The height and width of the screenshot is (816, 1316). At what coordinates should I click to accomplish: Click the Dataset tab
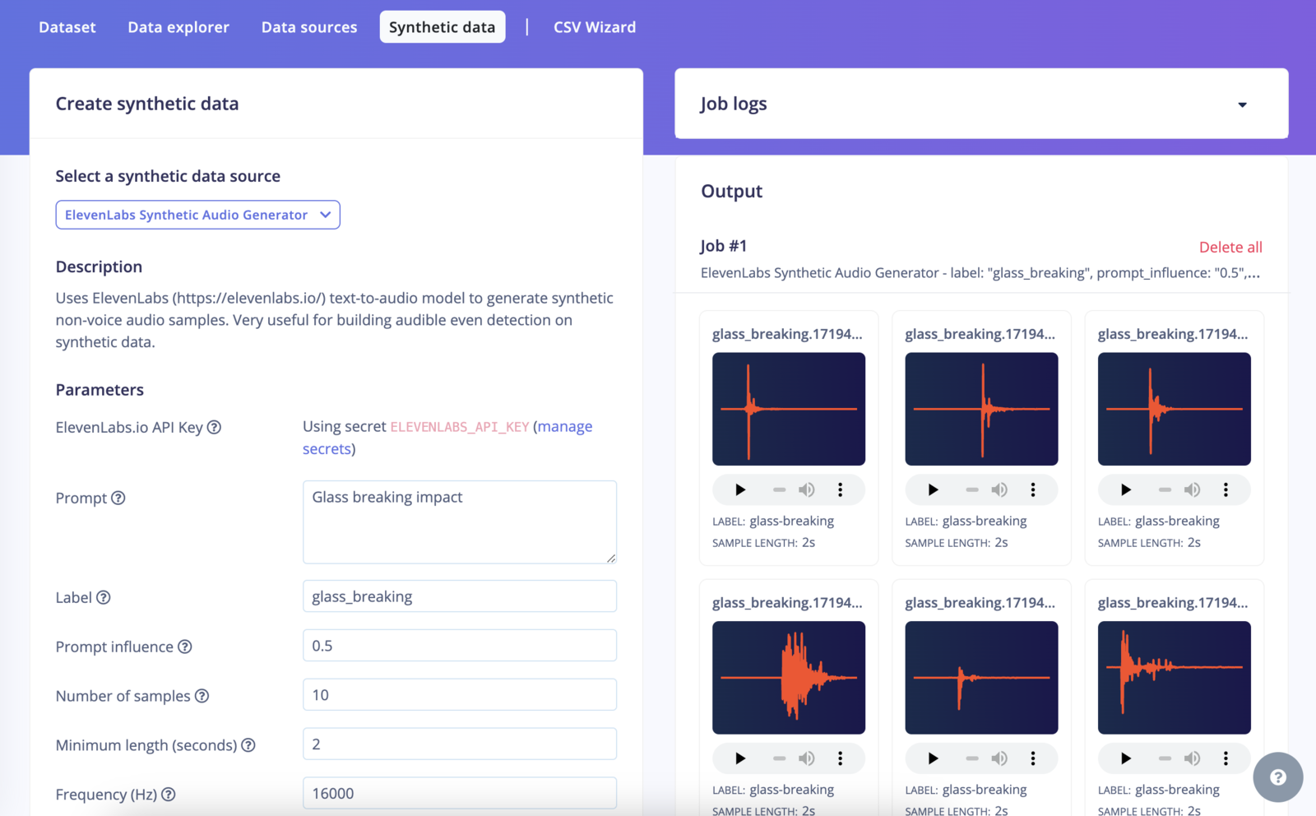pyautogui.click(x=67, y=27)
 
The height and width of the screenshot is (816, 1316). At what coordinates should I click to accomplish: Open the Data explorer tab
pyautogui.click(x=178, y=27)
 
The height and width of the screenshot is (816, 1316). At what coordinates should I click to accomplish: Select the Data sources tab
pyautogui.click(x=309, y=27)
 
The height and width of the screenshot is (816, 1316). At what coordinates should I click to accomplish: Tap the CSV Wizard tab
pyautogui.click(x=595, y=27)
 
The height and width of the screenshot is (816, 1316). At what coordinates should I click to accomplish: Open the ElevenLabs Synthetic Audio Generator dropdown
pyautogui.click(x=197, y=215)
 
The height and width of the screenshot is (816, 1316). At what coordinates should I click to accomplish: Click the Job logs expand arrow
pyautogui.click(x=1242, y=104)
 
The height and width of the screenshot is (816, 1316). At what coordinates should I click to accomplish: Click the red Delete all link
pyautogui.click(x=1230, y=247)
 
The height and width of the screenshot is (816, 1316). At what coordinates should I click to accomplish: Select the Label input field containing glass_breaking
pyautogui.click(x=459, y=596)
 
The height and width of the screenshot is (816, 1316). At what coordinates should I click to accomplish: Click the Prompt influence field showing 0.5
pyautogui.click(x=459, y=646)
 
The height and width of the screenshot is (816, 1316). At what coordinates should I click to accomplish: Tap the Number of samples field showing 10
pyautogui.click(x=459, y=695)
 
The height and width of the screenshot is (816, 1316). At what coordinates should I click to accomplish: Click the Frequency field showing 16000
pyautogui.click(x=459, y=793)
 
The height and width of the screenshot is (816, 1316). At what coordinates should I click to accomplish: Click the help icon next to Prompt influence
pyautogui.click(x=185, y=647)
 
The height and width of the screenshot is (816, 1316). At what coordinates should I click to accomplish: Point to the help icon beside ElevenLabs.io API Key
pyautogui.click(x=214, y=427)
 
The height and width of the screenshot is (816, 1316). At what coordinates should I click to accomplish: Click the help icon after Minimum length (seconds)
pyautogui.click(x=248, y=745)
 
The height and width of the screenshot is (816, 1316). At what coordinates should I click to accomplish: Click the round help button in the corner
pyautogui.click(x=1277, y=777)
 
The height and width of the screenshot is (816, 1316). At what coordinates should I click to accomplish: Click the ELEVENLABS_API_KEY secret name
pyautogui.click(x=459, y=427)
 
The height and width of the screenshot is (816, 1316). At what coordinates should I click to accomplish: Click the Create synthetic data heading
pyautogui.click(x=147, y=104)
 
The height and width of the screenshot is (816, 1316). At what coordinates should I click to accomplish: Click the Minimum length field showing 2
pyautogui.click(x=459, y=744)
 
